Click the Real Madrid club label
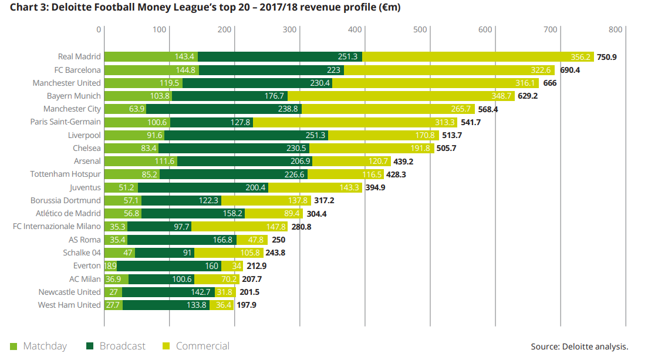tap(79, 57)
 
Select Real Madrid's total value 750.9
tap(607, 57)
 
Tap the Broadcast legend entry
tap(122, 346)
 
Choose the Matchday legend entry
tap(45, 346)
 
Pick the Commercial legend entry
tap(203, 346)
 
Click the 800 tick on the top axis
tap(615, 29)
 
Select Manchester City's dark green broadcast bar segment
tap(224, 109)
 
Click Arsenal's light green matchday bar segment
tap(141, 161)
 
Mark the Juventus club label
tap(85, 187)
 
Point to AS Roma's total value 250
tap(279, 240)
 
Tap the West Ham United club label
tap(69, 305)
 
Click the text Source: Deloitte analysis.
tap(579, 346)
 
